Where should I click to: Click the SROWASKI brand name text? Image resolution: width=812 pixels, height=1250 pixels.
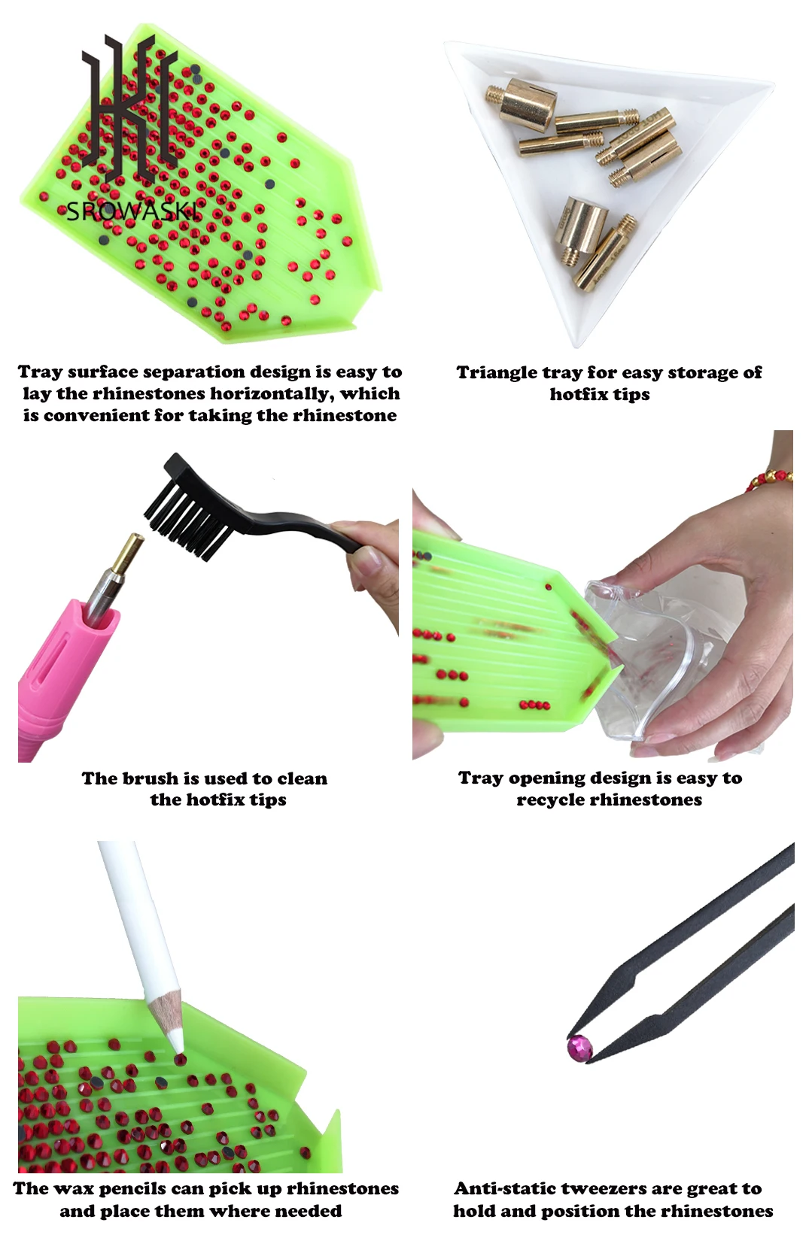[134, 211]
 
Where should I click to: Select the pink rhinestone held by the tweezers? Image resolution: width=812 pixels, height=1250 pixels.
[579, 1046]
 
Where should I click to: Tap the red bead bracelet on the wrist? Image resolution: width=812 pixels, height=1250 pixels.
[770, 479]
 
